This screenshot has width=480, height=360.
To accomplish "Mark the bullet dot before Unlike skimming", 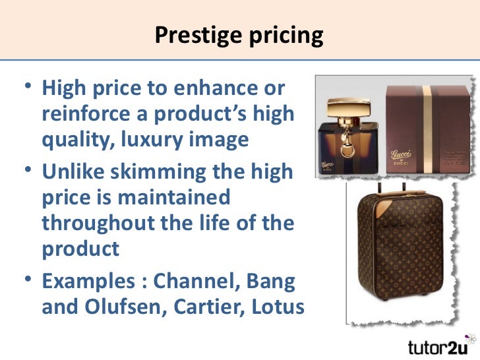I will coord(26,173).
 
